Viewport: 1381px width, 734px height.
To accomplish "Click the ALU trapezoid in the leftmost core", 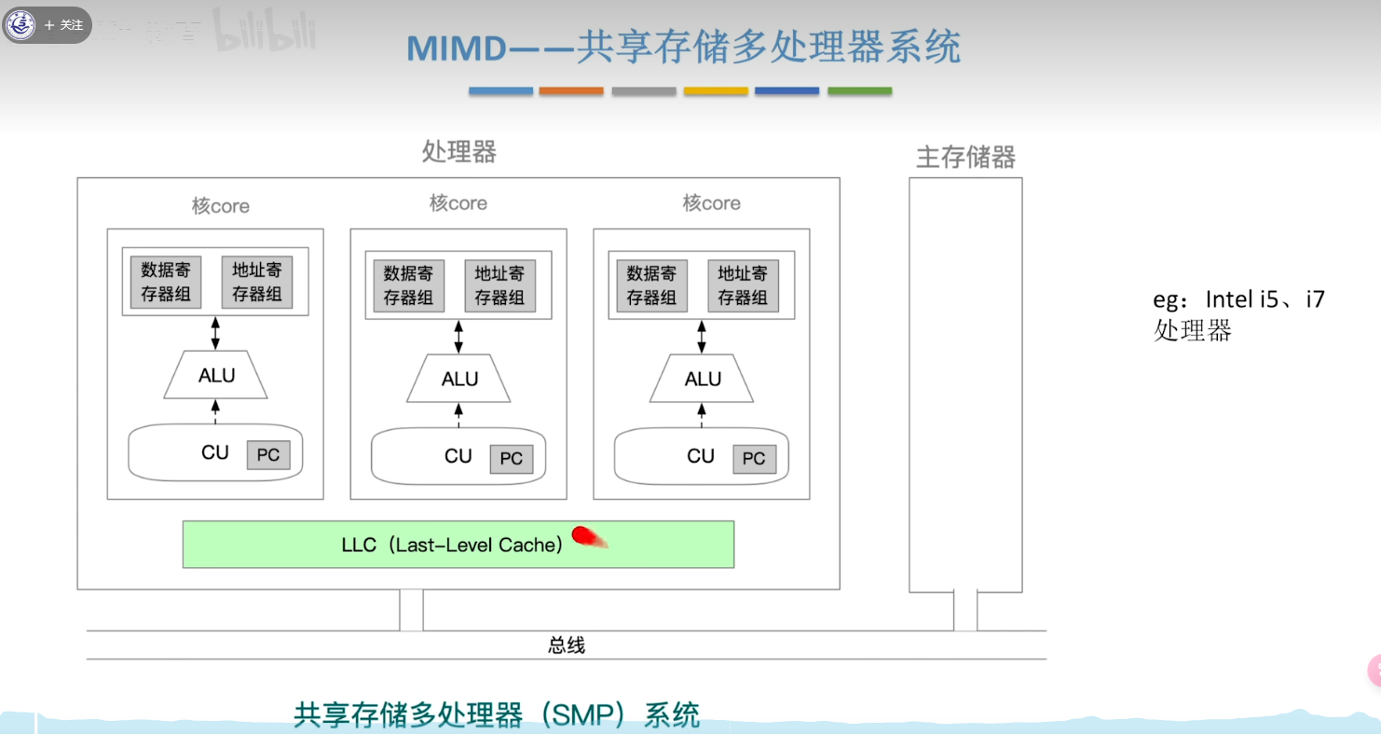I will click(x=215, y=375).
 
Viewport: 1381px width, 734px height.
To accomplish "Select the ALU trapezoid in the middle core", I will click(x=458, y=379).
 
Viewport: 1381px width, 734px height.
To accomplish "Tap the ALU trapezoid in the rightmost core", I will click(x=702, y=379).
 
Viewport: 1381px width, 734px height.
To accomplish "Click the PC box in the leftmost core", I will click(x=268, y=455).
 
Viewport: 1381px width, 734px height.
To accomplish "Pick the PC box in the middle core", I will click(x=512, y=459).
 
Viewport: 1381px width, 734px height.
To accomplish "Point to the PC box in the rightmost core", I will click(x=754, y=459).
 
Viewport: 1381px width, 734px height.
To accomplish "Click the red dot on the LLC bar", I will click(x=584, y=535).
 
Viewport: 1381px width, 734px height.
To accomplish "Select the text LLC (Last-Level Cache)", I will click(x=452, y=545).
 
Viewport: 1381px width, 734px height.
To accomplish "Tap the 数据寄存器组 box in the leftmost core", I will click(x=166, y=283).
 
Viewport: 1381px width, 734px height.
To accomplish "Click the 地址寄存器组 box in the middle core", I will click(x=499, y=285).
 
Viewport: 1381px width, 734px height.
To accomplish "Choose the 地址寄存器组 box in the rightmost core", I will click(x=743, y=285).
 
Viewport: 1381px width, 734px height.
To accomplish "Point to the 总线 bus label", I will click(x=567, y=645).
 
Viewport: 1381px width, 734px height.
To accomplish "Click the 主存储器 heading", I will click(x=965, y=157).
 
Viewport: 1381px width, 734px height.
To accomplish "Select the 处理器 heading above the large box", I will click(x=458, y=151).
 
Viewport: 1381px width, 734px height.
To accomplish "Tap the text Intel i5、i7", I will click(x=1265, y=299).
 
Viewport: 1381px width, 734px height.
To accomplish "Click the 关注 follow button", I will click(x=64, y=25).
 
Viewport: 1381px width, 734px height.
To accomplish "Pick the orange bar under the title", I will click(x=571, y=91).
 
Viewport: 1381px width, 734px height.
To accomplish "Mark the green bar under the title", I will click(x=859, y=91).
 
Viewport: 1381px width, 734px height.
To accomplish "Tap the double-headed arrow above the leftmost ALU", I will click(x=215, y=333).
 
